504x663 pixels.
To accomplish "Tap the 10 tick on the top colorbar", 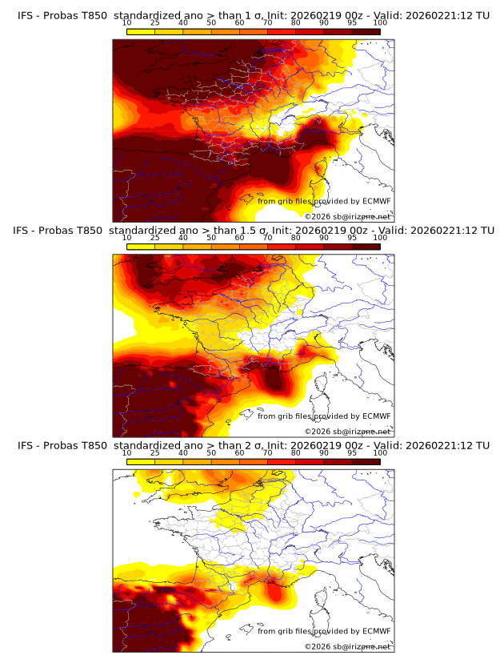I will point(127,23).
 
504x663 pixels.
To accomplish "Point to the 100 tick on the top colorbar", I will point(380,23).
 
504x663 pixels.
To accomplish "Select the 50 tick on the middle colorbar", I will point(211,238).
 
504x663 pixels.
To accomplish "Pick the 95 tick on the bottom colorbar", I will point(352,452).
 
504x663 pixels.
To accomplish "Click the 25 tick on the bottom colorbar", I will point(155,452).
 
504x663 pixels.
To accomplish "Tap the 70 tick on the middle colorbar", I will point(268,238).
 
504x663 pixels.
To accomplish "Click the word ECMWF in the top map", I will point(376,201).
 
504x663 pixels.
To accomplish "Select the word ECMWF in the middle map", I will point(376,416).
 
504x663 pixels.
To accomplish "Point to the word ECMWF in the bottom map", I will point(376,631).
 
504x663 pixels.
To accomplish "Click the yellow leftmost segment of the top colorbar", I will point(141,30).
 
